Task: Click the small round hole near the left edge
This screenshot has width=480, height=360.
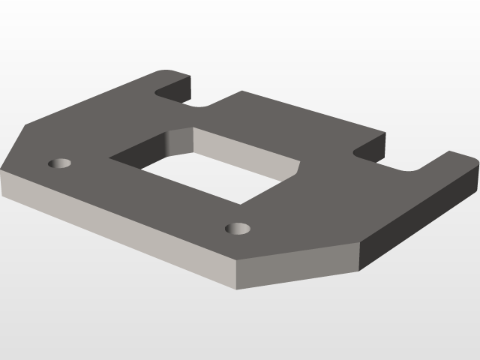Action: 59,163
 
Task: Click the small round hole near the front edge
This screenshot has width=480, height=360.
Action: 238,228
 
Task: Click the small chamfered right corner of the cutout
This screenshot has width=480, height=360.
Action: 298,170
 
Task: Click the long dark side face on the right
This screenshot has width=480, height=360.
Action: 420,217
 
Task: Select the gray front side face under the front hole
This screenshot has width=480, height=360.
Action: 300,266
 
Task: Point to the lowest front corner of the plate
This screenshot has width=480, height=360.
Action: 238,289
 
